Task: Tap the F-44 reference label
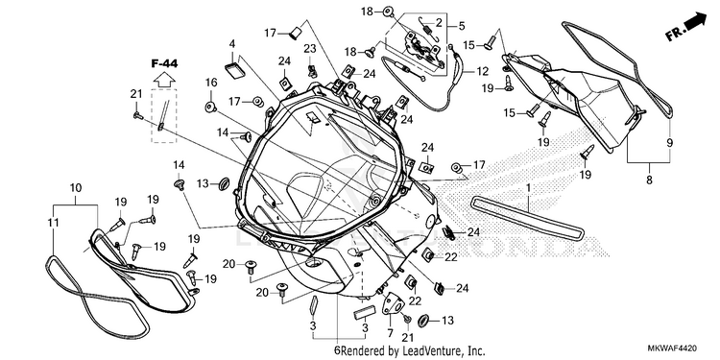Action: pyautogui.click(x=164, y=63)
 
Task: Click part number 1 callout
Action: pyautogui.click(x=529, y=188)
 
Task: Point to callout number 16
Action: pyautogui.click(x=211, y=83)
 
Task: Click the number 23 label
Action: pyautogui.click(x=310, y=48)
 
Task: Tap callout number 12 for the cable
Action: pyautogui.click(x=482, y=71)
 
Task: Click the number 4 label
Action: pyautogui.click(x=232, y=44)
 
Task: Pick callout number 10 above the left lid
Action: pyautogui.click(x=76, y=187)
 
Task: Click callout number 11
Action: pyautogui.click(x=54, y=223)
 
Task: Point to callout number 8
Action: pyautogui.click(x=649, y=180)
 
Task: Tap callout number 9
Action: pyautogui.click(x=669, y=142)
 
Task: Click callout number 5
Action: pyautogui.click(x=461, y=26)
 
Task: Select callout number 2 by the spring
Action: pyautogui.click(x=439, y=21)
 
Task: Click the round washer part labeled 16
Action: pyautogui.click(x=210, y=107)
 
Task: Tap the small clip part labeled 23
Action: pyautogui.click(x=312, y=70)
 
